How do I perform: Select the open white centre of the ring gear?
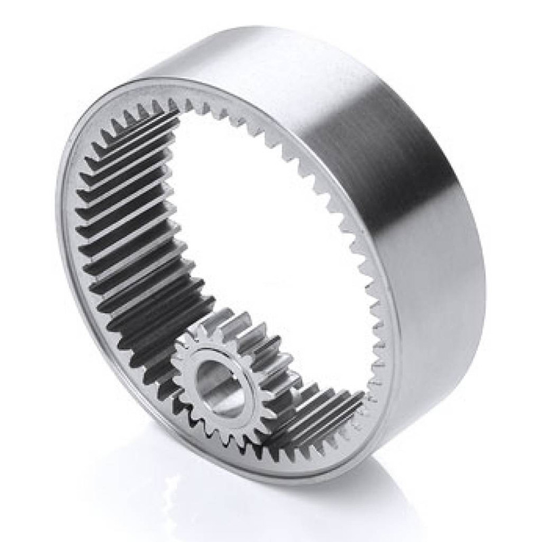point(271,224)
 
